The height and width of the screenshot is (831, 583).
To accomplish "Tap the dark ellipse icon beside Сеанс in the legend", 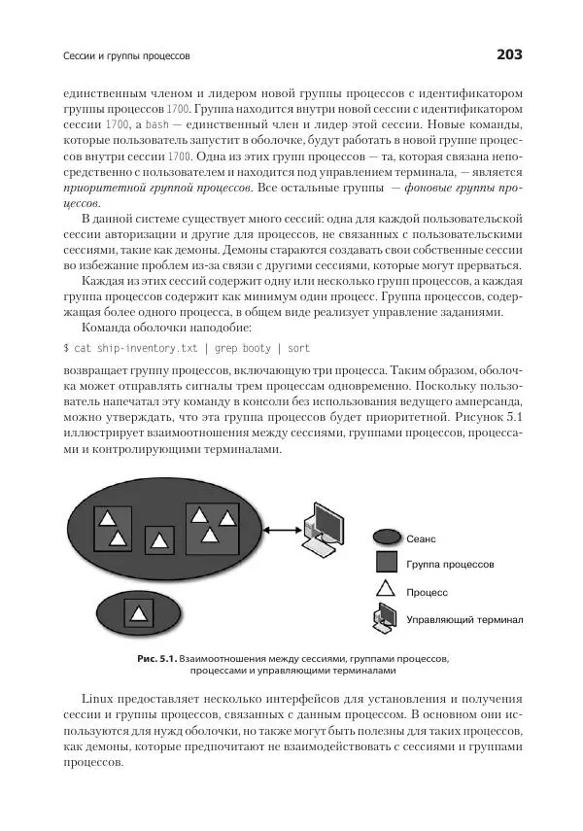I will pyautogui.click(x=386, y=536).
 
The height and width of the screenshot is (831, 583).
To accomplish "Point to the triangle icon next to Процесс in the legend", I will pyautogui.click(x=386, y=589).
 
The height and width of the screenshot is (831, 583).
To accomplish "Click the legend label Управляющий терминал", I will pyautogui.click(x=464, y=618).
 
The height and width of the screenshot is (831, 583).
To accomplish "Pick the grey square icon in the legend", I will pyautogui.click(x=386, y=563).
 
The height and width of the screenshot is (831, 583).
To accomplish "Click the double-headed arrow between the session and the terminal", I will pyautogui.click(x=280, y=529).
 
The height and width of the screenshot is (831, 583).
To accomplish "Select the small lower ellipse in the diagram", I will pyautogui.click(x=140, y=612).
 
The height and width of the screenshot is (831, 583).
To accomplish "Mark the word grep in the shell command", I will pyautogui.click(x=228, y=347).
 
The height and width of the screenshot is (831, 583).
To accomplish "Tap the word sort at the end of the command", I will pyautogui.click(x=298, y=347).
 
